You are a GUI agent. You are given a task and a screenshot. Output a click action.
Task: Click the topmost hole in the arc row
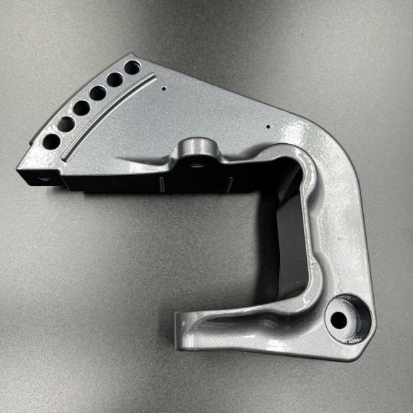click(x=132, y=68)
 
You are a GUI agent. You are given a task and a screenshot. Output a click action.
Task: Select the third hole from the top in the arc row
click(x=98, y=93)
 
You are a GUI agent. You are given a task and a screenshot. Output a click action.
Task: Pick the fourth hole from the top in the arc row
click(x=81, y=108)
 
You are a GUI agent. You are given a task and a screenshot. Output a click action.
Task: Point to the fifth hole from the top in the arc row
click(x=66, y=124)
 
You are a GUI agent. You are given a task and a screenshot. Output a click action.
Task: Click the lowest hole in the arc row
click(x=51, y=141)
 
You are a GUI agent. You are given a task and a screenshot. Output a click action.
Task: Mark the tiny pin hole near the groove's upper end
click(x=164, y=89)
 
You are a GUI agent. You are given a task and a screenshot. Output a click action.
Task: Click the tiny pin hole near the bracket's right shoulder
click(x=268, y=127)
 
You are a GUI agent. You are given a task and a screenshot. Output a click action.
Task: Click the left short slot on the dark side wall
click(x=163, y=186)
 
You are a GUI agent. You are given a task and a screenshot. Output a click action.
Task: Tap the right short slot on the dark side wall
click(x=229, y=184)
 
